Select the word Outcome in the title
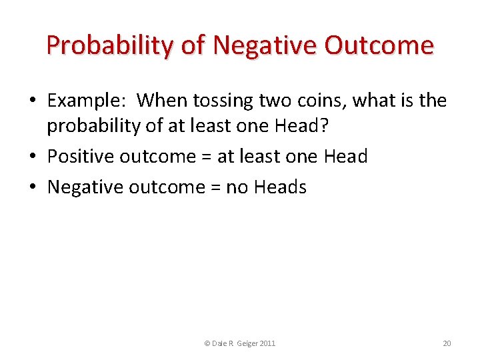click(x=379, y=45)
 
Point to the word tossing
click(x=224, y=101)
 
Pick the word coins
click(x=317, y=101)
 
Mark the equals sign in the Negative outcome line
click(x=215, y=187)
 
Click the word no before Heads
click(x=237, y=187)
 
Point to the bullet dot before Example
click(x=32, y=101)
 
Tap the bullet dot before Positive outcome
click(x=32, y=157)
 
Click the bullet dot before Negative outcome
click(x=32, y=187)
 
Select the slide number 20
click(x=447, y=343)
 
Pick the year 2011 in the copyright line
click(x=267, y=343)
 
